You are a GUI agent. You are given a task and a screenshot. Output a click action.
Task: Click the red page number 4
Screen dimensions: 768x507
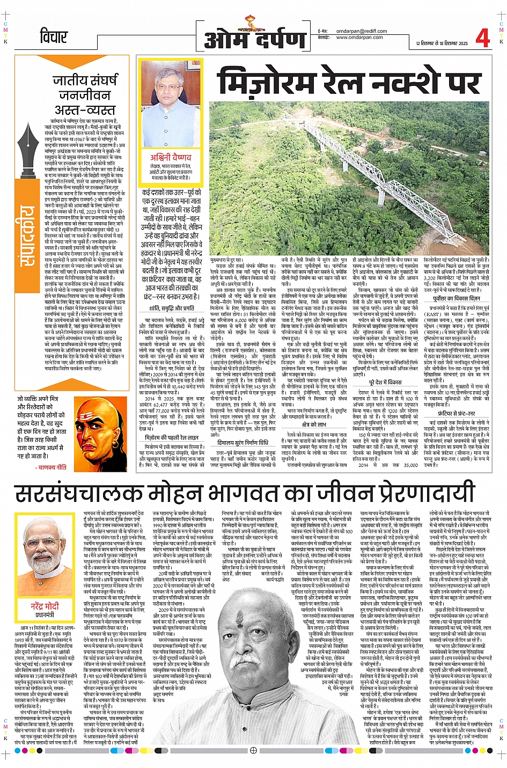tap(482, 39)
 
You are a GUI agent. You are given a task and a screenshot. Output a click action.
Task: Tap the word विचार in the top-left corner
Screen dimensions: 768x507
tap(54, 37)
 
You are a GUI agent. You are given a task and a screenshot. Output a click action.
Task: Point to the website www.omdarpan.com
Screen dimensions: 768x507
tap(359, 38)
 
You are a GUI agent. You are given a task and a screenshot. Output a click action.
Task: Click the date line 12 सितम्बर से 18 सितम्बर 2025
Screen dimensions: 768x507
tap(442, 43)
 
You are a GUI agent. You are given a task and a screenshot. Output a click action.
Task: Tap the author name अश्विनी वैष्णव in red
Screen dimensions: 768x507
tap(171, 157)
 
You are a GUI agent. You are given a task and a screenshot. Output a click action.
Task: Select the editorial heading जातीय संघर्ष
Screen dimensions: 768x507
tap(85, 81)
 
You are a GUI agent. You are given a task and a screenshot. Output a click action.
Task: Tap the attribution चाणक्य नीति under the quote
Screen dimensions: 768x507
tap(52, 467)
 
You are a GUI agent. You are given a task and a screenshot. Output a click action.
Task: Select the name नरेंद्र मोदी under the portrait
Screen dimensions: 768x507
tap(45, 605)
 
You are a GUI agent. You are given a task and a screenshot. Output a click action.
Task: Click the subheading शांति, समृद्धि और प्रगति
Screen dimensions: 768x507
tap(172, 308)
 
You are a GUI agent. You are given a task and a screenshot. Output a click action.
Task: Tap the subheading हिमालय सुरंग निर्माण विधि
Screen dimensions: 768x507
tap(243, 442)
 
